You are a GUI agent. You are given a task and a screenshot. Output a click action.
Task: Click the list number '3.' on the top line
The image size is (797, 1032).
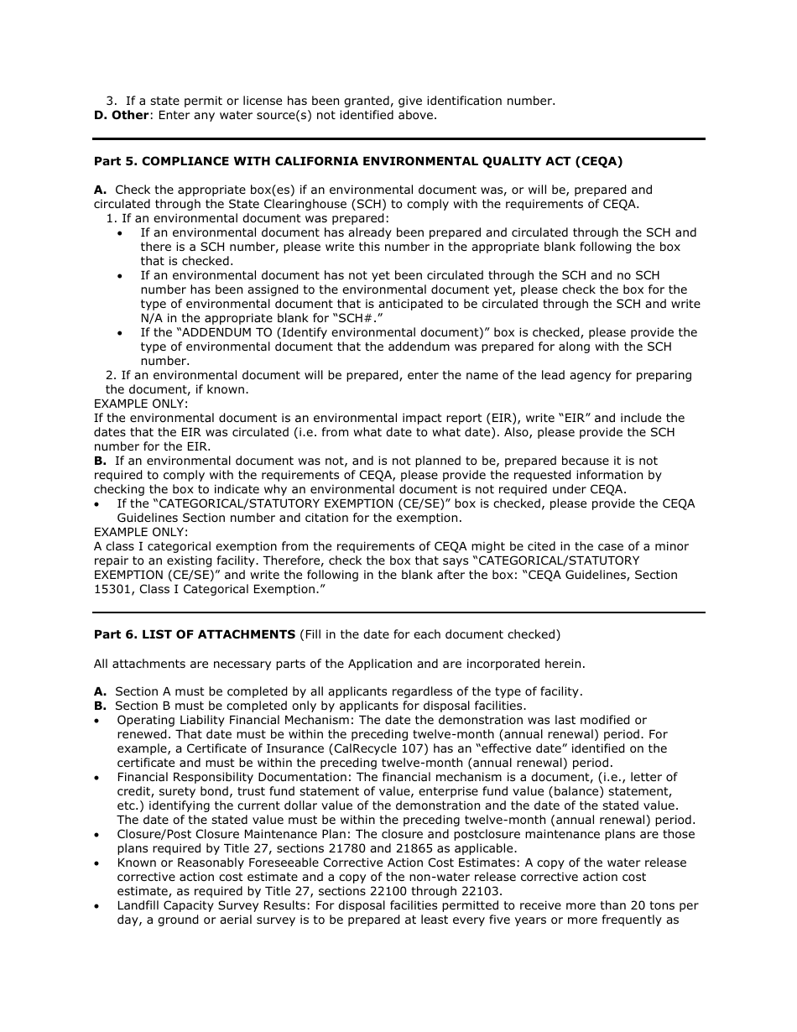coord(110,102)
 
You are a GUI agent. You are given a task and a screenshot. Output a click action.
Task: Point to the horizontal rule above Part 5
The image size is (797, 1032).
coord(399,138)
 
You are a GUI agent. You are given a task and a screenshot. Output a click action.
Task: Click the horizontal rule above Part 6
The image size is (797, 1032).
coord(399,612)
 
